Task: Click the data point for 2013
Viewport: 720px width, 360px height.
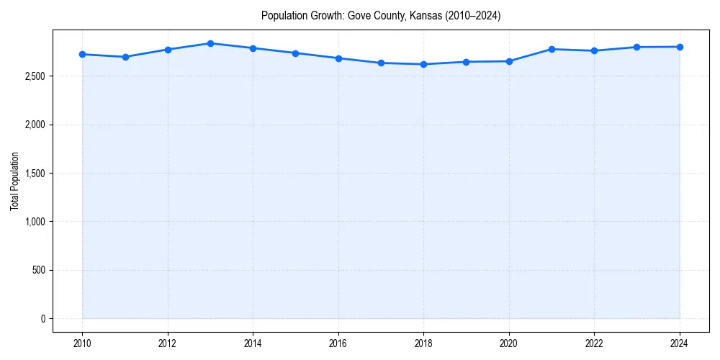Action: tap(210, 43)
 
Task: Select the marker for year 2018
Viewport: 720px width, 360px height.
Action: tap(424, 64)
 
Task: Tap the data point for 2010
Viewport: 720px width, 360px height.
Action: tap(82, 54)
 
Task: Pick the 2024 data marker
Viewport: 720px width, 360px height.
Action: tap(680, 47)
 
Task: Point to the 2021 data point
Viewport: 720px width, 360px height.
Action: tap(552, 49)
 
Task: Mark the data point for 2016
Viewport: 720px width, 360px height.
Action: tap(338, 58)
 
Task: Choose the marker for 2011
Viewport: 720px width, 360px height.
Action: tap(125, 57)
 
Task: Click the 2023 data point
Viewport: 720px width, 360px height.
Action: tap(637, 48)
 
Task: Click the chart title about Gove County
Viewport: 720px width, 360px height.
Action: tap(381, 15)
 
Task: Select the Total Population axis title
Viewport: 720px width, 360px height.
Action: tap(14, 181)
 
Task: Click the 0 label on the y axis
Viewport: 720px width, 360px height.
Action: tap(43, 319)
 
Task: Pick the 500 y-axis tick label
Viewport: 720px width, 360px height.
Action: tap(37, 271)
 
